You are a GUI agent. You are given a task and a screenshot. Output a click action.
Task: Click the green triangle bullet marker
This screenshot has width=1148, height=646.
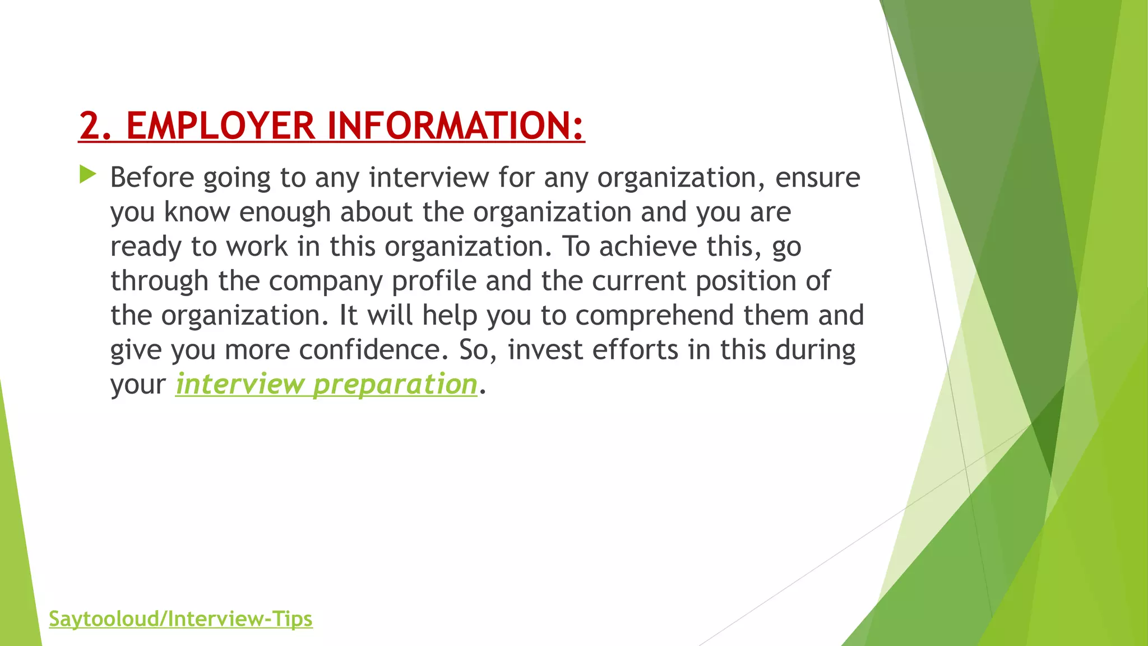tap(87, 174)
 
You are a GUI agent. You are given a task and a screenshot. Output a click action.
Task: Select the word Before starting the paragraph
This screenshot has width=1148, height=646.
tap(152, 178)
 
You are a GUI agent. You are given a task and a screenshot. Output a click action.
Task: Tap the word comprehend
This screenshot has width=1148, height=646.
tap(654, 316)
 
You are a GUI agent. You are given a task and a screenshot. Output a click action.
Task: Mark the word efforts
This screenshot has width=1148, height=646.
tap(635, 350)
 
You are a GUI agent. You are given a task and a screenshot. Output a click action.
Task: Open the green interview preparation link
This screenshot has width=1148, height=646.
tap(326, 385)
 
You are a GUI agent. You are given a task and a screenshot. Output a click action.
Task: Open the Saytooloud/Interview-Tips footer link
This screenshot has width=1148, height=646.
tap(180, 619)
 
